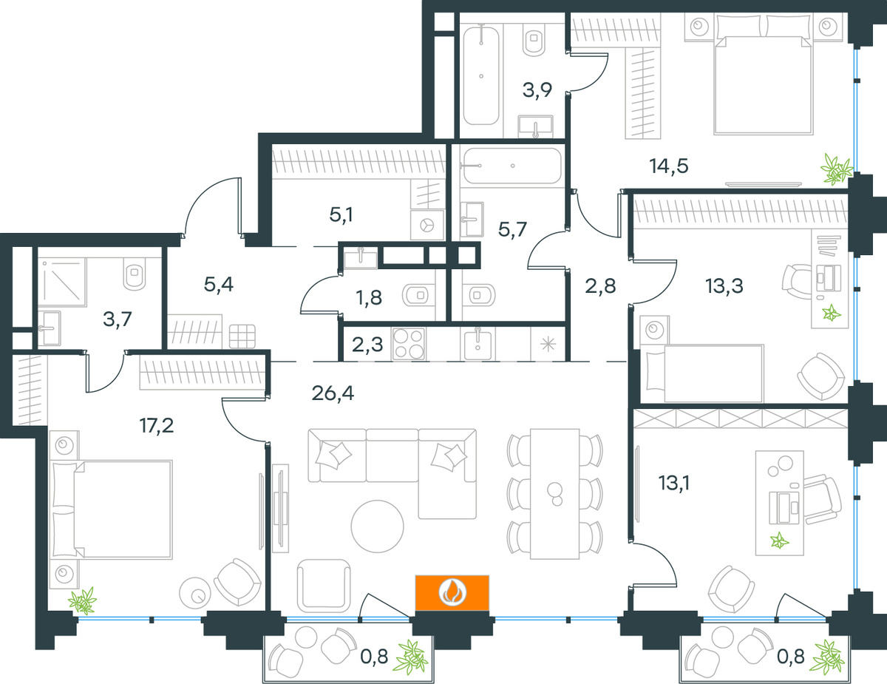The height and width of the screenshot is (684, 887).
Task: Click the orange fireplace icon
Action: (452, 592)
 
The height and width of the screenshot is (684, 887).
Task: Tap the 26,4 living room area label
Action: (333, 393)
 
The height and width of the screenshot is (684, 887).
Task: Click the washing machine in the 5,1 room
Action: (427, 224)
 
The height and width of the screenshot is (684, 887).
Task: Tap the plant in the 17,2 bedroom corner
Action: (83, 600)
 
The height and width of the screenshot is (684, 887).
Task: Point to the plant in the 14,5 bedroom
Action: (838, 169)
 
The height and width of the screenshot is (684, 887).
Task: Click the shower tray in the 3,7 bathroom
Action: (63, 282)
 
